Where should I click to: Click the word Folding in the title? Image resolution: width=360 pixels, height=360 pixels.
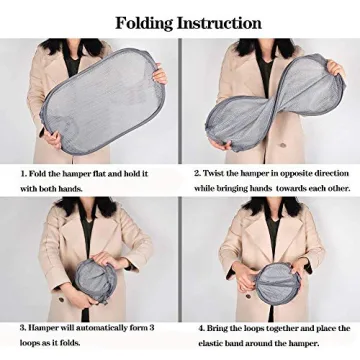(x=144, y=22)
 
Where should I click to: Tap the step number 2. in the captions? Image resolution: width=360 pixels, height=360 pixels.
(x=198, y=173)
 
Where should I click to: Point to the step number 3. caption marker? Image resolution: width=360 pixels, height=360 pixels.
(x=23, y=327)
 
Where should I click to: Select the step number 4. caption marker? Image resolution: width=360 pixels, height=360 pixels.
(x=201, y=328)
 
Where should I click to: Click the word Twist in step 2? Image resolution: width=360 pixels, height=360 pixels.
(x=218, y=173)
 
